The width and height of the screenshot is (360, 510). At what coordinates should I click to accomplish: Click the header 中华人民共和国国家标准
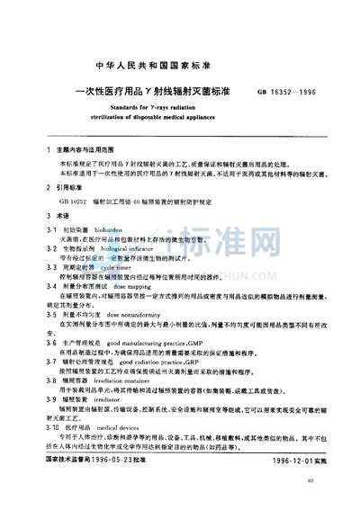coord(179,65)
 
